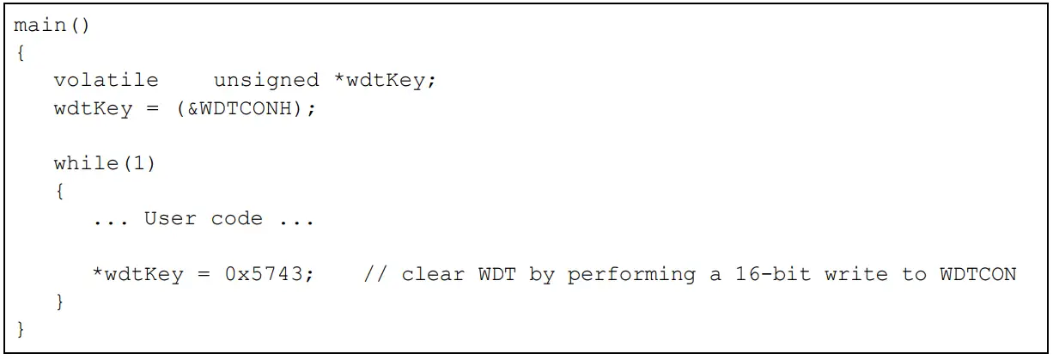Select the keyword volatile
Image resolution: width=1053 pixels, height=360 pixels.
[106, 80]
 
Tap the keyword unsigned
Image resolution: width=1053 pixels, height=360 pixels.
[265, 80]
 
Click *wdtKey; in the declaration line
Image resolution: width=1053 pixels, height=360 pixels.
[386, 80]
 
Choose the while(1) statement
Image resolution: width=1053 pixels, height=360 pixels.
[105, 163]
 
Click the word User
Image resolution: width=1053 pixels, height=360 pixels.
[170, 218]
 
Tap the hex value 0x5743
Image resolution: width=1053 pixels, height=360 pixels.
[270, 274]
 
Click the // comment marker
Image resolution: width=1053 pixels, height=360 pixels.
[375, 274]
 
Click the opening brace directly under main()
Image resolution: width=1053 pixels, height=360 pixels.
[20, 52]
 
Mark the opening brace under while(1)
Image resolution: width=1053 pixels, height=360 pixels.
[59, 191]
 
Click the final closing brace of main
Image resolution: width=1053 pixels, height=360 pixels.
[20, 329]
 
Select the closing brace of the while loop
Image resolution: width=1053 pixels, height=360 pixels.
[59, 302]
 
